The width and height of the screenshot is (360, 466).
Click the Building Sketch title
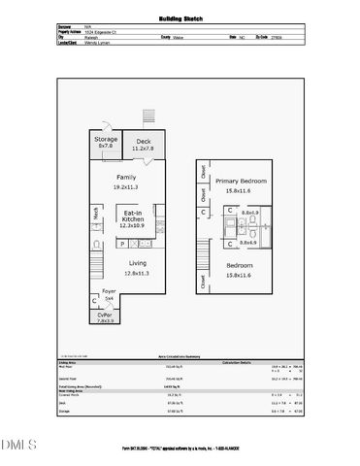tap(180, 18)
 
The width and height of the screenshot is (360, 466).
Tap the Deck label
tap(145, 141)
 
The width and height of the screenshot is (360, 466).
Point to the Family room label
tap(126, 178)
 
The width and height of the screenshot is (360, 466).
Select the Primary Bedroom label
tap(241, 181)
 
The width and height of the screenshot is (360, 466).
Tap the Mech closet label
tap(97, 215)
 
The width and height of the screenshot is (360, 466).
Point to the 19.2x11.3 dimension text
tap(126, 188)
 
